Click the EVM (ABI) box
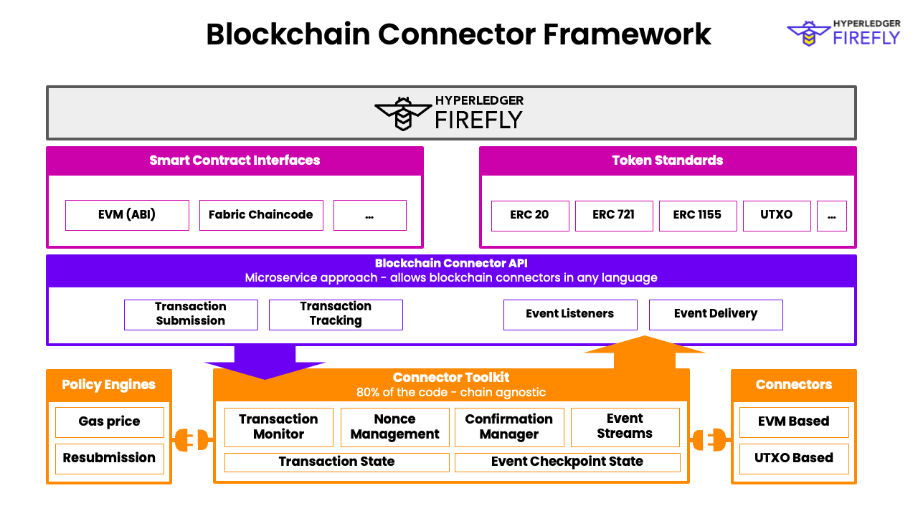pos(127,215)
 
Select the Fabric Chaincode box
pos(261,215)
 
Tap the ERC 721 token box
pos(614,216)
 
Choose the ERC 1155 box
pos(698,216)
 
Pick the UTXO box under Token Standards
pos(777,216)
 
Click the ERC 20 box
pos(530,216)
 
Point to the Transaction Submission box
pos(191,315)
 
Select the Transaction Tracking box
pos(336,315)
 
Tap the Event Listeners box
pos(570,315)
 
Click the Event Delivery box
pos(716,315)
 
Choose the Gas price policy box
pos(110,422)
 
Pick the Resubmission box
pos(110,459)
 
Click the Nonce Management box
pos(395,427)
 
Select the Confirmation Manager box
pos(509,427)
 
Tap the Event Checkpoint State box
pos(567,462)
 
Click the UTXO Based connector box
pos(794,459)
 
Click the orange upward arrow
pos(645,350)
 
